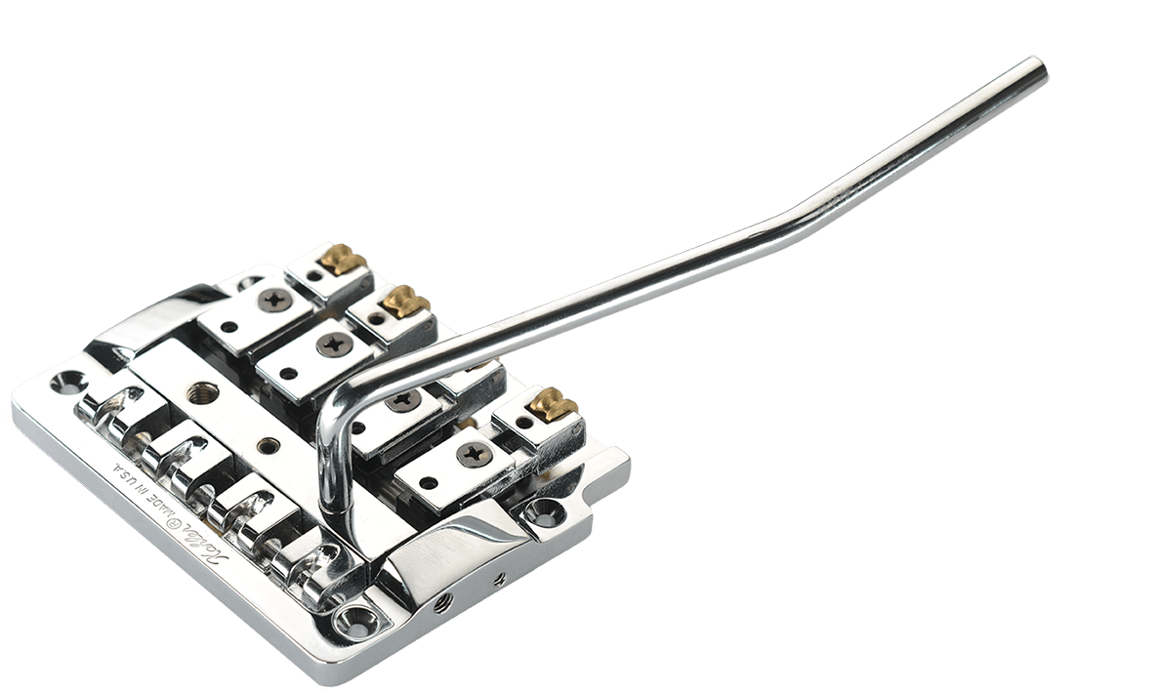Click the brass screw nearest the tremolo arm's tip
pos(554,402)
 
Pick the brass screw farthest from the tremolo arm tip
pos(343,261)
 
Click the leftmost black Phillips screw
pos(272,299)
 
